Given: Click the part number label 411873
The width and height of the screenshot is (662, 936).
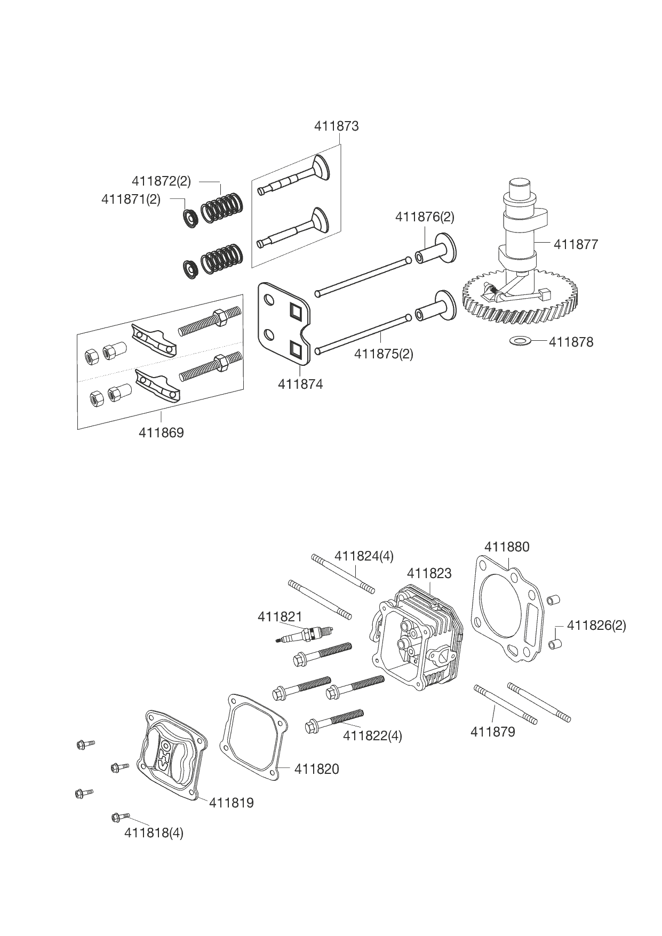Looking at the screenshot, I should (336, 126).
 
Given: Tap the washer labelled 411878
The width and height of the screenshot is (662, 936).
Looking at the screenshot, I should (517, 340).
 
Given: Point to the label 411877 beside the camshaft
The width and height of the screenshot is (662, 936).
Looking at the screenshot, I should (576, 244).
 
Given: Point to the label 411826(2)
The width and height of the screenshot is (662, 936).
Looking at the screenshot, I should (596, 625).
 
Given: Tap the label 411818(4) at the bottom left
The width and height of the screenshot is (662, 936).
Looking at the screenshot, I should (154, 833).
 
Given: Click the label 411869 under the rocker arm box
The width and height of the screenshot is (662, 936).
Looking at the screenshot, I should (161, 433).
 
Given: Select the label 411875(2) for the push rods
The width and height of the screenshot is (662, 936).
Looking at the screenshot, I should (384, 354).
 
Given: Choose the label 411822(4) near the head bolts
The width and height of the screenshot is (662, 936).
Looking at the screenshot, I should (372, 735).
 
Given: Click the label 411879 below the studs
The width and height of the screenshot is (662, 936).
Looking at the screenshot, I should (492, 732).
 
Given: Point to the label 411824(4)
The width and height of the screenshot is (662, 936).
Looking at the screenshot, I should (364, 556).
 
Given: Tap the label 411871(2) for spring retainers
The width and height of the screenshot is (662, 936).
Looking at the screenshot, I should (131, 200).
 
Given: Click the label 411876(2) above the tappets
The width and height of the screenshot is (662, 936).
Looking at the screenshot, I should (425, 217).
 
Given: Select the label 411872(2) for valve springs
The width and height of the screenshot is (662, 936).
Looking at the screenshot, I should (161, 181).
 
